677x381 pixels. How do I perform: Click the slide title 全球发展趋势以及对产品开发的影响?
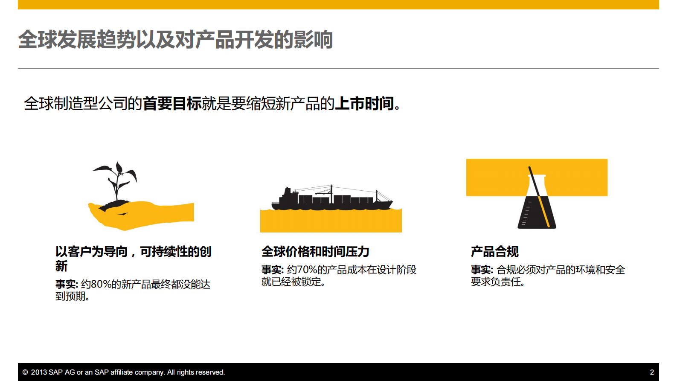coord(175,40)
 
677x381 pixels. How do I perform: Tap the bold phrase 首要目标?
coord(172,104)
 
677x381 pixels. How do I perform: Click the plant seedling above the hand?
coord(116,181)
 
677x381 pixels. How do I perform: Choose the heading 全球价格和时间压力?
coord(315,252)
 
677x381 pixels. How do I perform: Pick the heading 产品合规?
coord(494,252)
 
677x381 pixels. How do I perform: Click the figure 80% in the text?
coord(101,284)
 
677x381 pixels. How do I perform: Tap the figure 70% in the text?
coord(307,270)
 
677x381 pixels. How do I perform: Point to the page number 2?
coord(651,372)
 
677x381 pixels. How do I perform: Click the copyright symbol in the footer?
coord(25,372)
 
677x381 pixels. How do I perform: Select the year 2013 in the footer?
coord(39,372)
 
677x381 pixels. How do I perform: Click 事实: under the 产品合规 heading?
coord(482,270)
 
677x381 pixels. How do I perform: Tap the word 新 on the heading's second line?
coord(61,266)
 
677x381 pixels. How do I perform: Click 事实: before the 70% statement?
coord(272,270)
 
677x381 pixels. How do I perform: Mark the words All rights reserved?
coord(196,372)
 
